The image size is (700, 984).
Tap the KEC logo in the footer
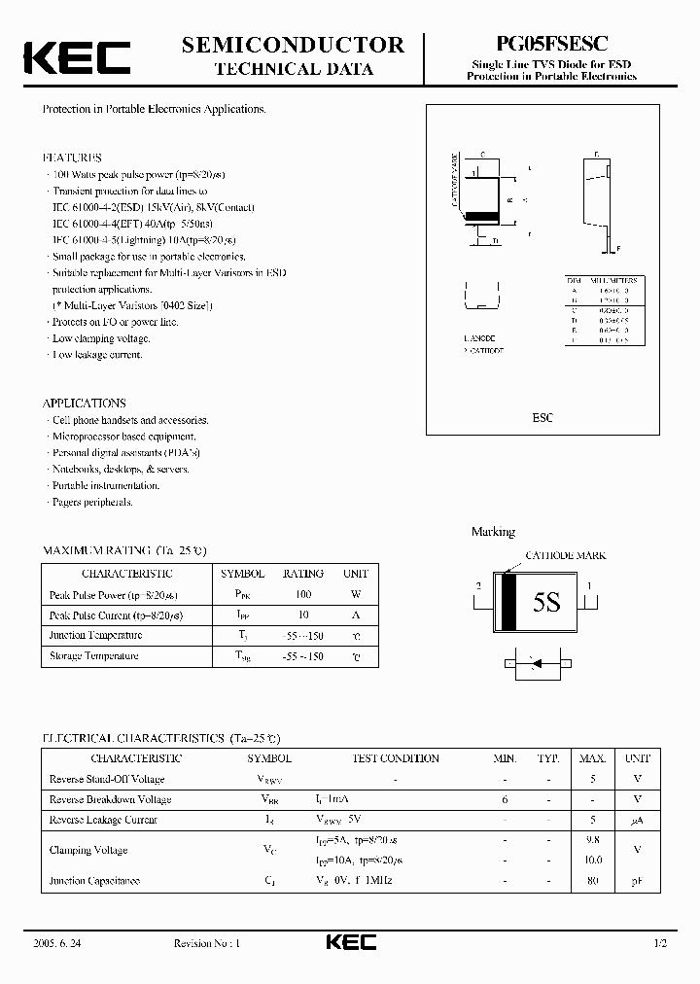[350, 942]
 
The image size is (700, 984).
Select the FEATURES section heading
[72, 157]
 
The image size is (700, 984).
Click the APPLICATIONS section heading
[84, 403]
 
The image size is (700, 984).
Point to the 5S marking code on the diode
[546, 602]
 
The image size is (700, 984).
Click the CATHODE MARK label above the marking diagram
[565, 555]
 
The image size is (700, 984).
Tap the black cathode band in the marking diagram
[507, 603]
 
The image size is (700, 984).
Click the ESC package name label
[542, 417]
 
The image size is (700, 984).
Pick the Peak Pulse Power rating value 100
[302, 594]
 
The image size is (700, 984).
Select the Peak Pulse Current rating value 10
[302, 615]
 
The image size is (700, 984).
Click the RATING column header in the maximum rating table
[302, 574]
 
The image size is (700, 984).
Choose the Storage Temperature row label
[94, 656]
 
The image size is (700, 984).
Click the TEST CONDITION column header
[395, 758]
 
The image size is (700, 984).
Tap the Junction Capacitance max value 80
[594, 881]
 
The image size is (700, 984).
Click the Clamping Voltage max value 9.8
[594, 840]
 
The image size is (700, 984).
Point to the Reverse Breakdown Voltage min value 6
[505, 799]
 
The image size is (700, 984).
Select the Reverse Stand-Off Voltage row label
[107, 779]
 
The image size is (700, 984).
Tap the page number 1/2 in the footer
[661, 943]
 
